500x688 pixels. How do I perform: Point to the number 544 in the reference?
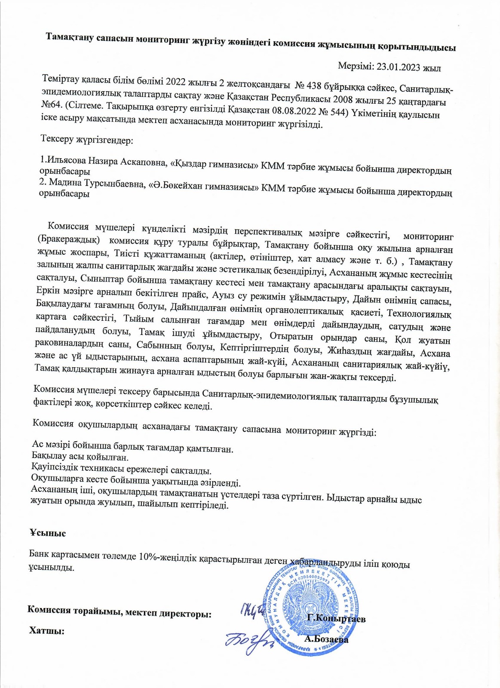tap(338, 113)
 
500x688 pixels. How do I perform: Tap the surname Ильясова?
tap(66, 161)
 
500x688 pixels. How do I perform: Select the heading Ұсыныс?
tap(47, 533)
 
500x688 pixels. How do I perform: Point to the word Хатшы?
tap(46, 630)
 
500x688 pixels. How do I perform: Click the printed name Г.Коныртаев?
tap(336, 619)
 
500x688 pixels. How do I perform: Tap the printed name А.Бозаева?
tap(326, 639)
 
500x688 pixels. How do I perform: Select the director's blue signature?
tap(252, 611)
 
